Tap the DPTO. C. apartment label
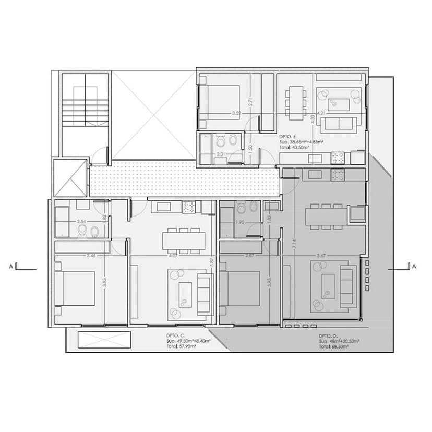tap(174, 335)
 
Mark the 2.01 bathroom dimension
tap(221, 154)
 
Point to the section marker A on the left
tap(11, 267)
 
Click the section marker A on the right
tap(414, 267)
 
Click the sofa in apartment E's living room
tap(338, 123)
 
